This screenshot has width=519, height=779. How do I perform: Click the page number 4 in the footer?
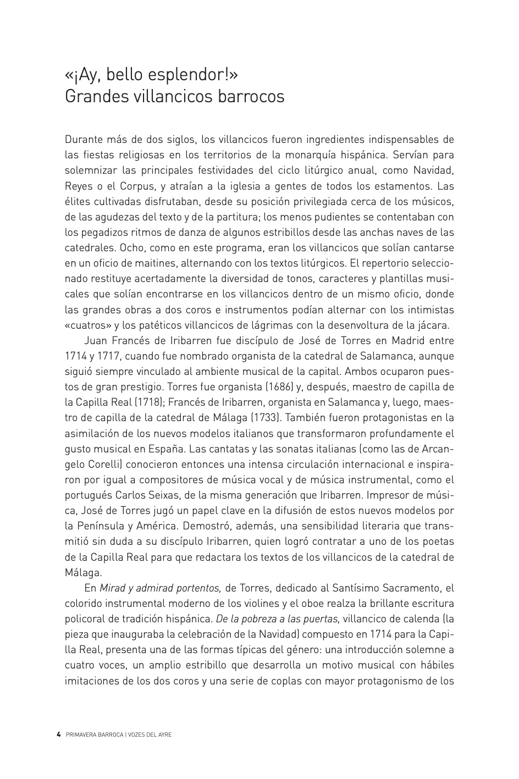(58, 734)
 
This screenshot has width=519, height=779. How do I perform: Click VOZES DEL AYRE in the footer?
(150, 734)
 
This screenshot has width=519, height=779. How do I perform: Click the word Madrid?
(407, 340)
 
